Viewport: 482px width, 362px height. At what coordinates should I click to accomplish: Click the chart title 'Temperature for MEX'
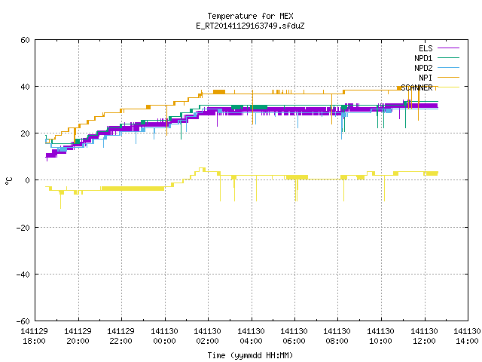[x=250, y=16]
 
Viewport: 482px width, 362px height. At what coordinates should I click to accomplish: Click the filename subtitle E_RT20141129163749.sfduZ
[x=250, y=26]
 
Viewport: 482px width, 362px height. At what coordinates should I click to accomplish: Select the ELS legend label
[x=426, y=48]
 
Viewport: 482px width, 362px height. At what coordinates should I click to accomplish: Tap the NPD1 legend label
[x=423, y=58]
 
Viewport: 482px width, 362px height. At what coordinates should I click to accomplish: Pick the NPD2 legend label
[x=423, y=68]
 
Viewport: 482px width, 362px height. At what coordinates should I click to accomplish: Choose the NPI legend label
[x=426, y=78]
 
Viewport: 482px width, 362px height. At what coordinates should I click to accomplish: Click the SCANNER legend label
[x=416, y=87]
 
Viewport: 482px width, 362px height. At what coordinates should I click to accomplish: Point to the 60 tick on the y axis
[x=25, y=40]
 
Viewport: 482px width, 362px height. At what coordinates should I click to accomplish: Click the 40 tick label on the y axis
[x=25, y=87]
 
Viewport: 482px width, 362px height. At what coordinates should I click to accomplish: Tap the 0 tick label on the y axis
[x=28, y=180]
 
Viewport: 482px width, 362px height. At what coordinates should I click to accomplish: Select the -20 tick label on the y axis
[x=23, y=228]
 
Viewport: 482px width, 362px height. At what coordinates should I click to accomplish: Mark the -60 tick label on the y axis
[x=23, y=321]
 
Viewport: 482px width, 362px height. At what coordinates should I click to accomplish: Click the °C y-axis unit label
[x=8, y=181]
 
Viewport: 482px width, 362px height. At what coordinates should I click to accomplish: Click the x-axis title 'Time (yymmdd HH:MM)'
[x=250, y=355]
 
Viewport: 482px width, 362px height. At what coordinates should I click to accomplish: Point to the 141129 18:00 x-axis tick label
[x=35, y=336]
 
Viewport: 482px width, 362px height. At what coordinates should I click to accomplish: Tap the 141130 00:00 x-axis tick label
[x=164, y=336]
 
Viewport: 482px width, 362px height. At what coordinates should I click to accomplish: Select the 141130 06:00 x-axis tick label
[x=294, y=336]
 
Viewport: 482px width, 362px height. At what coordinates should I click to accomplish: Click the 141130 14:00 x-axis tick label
[x=467, y=336]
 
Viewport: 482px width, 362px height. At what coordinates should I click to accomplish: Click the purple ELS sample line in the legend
[x=449, y=48]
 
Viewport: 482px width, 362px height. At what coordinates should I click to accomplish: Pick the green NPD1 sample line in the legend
[x=449, y=57]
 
